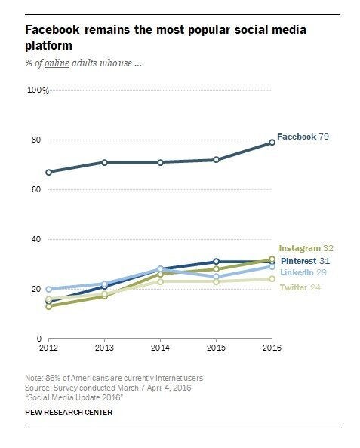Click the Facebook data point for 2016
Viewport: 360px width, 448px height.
pyautogui.click(x=272, y=143)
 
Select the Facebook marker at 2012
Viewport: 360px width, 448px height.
pyautogui.click(x=48, y=172)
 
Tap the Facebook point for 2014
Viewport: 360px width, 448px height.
pyautogui.click(x=161, y=162)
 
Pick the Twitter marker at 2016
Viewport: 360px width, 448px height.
pyautogui.click(x=272, y=279)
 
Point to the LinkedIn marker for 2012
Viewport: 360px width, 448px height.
pyautogui.click(x=48, y=289)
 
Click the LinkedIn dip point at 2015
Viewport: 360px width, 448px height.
pyautogui.click(x=216, y=277)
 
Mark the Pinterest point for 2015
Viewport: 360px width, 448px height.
pyautogui.click(x=216, y=262)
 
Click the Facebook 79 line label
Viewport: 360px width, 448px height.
pyautogui.click(x=303, y=137)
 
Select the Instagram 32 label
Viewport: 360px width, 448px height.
pyautogui.click(x=306, y=248)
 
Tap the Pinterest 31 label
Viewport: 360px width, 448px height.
pyautogui.click(x=305, y=261)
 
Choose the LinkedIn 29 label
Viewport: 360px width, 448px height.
pyautogui.click(x=303, y=272)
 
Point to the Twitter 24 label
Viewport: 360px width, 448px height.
pyautogui.click(x=300, y=287)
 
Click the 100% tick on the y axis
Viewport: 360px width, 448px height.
pyautogui.click(x=38, y=91)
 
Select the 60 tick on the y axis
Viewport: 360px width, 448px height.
pyautogui.click(x=36, y=189)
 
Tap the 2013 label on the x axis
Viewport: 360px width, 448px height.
pyautogui.click(x=104, y=348)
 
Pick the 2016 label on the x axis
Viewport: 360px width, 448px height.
pyautogui.click(x=272, y=348)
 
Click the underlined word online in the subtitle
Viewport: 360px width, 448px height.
pyautogui.click(x=57, y=63)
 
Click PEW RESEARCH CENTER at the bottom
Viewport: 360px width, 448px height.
pyautogui.click(x=69, y=412)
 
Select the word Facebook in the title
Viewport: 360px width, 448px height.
pyautogui.click(x=52, y=29)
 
